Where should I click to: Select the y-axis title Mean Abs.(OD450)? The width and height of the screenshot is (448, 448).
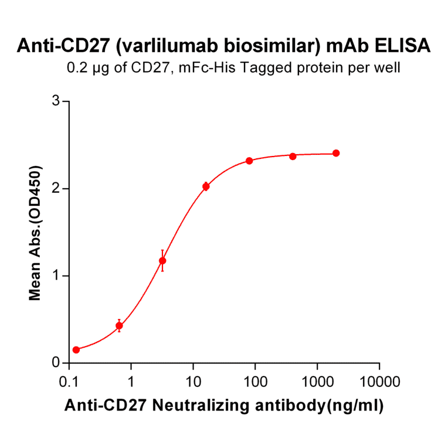point(36,233)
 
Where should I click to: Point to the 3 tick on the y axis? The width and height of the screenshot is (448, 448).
point(57,101)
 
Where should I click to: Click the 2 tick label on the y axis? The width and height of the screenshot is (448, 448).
point(57,189)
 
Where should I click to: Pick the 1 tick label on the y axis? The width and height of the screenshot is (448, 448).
point(57,276)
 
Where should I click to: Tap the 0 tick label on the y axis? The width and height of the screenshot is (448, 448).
point(57,363)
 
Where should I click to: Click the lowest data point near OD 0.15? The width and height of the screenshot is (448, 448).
point(76,350)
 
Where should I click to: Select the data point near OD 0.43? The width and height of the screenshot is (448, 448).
point(119,325)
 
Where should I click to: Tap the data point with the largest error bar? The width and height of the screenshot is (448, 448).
point(162,261)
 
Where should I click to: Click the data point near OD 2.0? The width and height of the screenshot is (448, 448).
point(206,186)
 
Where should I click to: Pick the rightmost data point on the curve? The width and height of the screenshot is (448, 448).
point(336,153)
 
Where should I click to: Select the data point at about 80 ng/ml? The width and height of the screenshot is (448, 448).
point(249,161)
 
